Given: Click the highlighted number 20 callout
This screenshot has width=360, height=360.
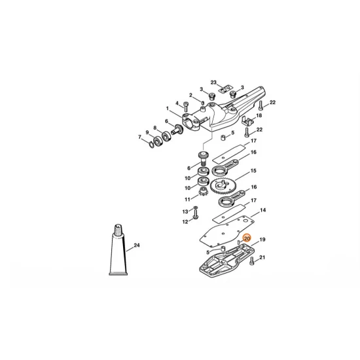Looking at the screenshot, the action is click(247, 238).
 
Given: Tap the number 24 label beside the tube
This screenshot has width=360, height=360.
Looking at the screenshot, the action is click(137, 245).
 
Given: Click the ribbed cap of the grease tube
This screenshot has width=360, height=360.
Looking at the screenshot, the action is click(118, 229).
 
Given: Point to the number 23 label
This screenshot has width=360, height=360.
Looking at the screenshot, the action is click(213, 82).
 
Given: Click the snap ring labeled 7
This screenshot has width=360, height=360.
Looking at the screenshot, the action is click(151, 145).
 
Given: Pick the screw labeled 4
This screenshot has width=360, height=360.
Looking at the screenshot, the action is click(186, 107).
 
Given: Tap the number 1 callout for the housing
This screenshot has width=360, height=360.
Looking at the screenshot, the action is click(168, 109).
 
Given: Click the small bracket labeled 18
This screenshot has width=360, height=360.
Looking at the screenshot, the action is click(247, 121).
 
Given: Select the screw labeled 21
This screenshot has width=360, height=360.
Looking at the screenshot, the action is click(252, 261).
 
